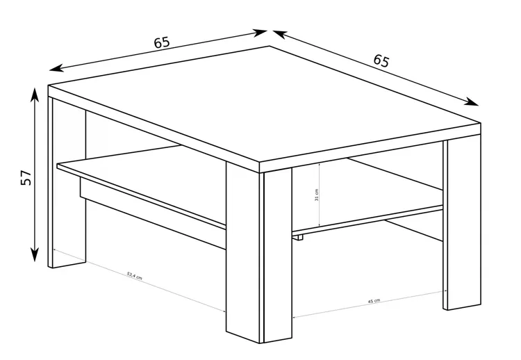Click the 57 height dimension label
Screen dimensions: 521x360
click(x=26, y=177)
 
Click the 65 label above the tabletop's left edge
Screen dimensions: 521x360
click(x=162, y=42)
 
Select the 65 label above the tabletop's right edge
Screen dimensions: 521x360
click(x=381, y=61)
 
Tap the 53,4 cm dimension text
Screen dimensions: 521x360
click(x=134, y=276)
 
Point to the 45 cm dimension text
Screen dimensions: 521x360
click(x=374, y=301)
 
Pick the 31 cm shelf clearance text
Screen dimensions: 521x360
click(x=316, y=195)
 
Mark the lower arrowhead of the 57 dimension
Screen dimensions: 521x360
click(x=35, y=254)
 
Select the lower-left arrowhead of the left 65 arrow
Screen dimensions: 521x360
click(x=56, y=68)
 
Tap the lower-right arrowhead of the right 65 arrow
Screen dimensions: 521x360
click(x=471, y=101)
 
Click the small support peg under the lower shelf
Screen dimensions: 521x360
click(x=300, y=238)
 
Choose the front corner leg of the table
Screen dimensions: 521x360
click(x=258, y=253)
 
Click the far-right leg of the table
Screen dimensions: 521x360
click(x=462, y=222)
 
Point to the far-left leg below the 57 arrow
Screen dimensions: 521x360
click(x=67, y=182)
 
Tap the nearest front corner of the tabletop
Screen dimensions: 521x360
click(x=259, y=163)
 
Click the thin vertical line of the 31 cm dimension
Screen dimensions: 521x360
click(x=319, y=195)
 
